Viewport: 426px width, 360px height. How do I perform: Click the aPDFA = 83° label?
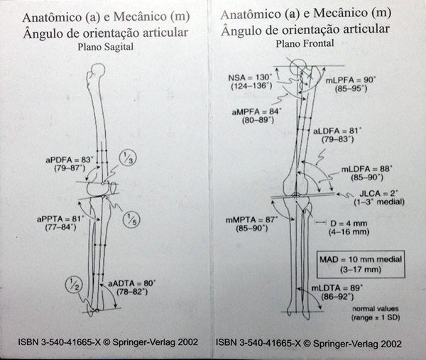tap(70, 160)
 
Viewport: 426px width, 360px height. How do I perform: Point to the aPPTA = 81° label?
tap(60, 219)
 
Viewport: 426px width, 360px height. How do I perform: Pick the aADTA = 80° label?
tap(132, 283)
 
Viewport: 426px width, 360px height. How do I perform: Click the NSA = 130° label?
tap(250, 77)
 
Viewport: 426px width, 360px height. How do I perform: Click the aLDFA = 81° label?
tap(337, 131)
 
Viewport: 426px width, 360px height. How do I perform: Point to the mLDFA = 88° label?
tap(367, 169)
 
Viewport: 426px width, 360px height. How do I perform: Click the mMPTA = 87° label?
tap(252, 219)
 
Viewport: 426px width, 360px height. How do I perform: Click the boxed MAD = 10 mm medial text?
tap(361, 259)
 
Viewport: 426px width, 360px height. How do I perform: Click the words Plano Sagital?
tap(105, 47)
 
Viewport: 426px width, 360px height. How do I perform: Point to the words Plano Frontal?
tap(305, 43)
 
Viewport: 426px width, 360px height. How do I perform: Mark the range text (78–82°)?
tap(132, 292)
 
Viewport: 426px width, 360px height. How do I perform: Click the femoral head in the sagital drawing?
tap(98, 70)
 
